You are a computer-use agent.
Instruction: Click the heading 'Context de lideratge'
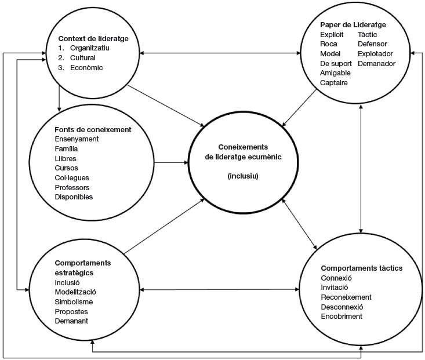[93, 39]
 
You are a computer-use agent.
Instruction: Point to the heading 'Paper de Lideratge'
[353, 25]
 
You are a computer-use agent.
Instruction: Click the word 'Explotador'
[376, 54]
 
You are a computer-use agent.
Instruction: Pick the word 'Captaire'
[334, 82]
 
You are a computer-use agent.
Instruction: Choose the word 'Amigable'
[336, 73]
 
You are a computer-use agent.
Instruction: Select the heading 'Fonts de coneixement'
[93, 129]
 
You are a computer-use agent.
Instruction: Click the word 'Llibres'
[66, 158]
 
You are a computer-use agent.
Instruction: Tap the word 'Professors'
[71, 187]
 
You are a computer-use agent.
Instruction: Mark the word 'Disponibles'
[73, 197]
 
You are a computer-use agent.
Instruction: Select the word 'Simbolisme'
[74, 301]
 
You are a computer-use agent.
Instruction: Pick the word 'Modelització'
[75, 292]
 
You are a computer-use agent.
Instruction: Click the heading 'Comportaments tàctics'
[361, 268]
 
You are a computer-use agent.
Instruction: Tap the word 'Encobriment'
[342, 316]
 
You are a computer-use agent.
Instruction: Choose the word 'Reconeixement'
[346, 297]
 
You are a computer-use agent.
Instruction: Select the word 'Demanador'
[376, 63]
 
